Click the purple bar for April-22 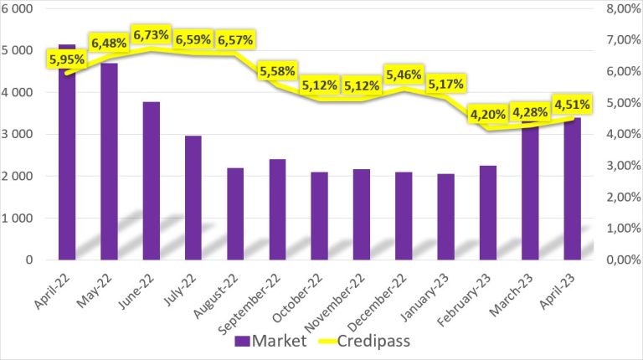click(67, 152)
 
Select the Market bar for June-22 click(152, 181)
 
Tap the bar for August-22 click(235, 213)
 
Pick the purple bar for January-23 click(445, 217)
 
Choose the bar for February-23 click(488, 213)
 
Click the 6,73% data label click(152, 35)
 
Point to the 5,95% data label click(67, 59)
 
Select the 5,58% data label click(278, 71)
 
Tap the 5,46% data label click(404, 75)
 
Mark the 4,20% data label click(488, 115)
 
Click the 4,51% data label click(572, 105)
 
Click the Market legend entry click(270, 341)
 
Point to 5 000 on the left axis click(18, 50)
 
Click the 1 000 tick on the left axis click(18, 219)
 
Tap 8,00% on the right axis click(623, 8)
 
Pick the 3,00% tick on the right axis click(623, 166)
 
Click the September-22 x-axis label click(249, 303)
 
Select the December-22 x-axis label click(378, 301)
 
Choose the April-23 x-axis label click(558, 291)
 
